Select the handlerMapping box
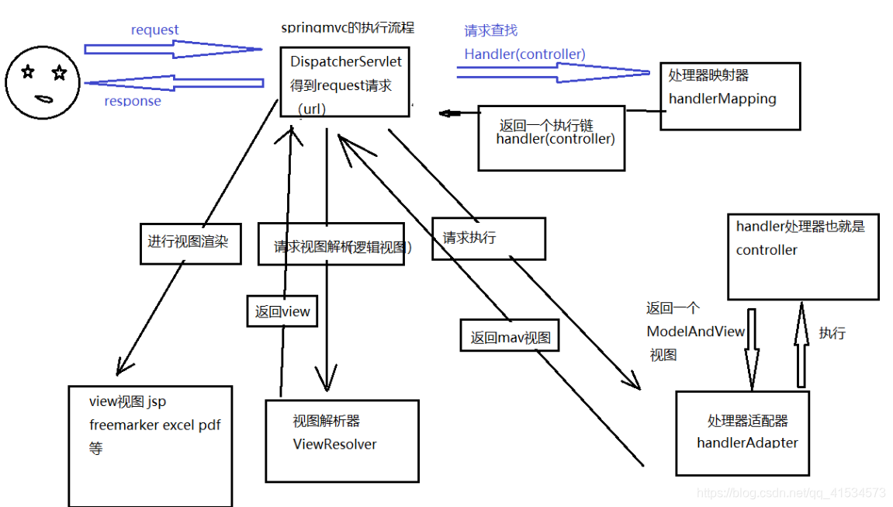click(729, 95)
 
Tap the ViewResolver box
click(341, 440)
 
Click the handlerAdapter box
click(742, 432)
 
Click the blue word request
click(154, 30)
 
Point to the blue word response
click(133, 101)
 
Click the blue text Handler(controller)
click(524, 54)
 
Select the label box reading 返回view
click(282, 312)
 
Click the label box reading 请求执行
click(488, 238)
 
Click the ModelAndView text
click(695, 332)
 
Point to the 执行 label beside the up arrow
click(832, 333)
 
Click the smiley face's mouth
click(43, 99)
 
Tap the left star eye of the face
click(29, 72)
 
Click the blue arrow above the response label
click(175, 83)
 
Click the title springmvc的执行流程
click(348, 28)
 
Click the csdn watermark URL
click(791, 492)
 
